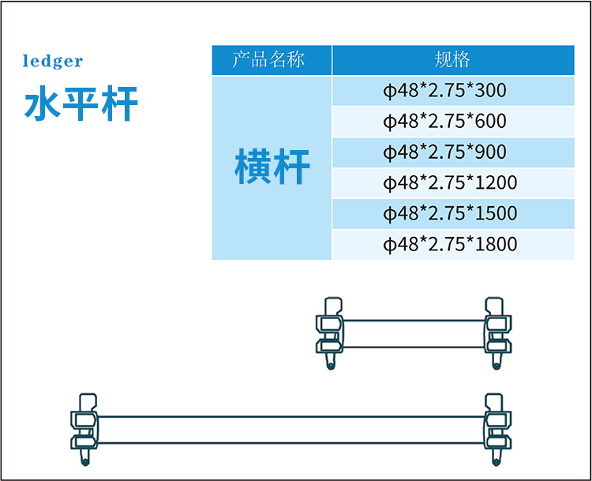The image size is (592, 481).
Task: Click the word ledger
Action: [52, 62]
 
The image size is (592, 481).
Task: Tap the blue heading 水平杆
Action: [81, 103]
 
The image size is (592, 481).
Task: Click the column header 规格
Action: [452, 60]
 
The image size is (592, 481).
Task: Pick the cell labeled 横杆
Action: [272, 167]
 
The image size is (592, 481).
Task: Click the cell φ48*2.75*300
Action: [444, 91]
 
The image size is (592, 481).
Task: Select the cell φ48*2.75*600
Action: [444, 122]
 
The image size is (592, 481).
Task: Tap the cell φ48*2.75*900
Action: [444, 152]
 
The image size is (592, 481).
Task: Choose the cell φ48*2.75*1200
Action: [450, 183]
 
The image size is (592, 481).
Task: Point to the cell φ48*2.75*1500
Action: [450, 214]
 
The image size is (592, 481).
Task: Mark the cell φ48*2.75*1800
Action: [450, 245]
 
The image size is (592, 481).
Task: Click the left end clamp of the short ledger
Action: [330, 332]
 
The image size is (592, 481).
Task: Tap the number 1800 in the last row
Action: [497, 245]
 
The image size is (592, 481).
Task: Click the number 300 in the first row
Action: [492, 91]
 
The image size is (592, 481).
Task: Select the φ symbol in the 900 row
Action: [388, 153]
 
